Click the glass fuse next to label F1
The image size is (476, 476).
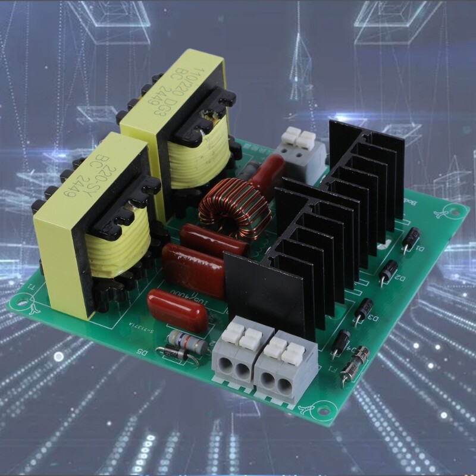(355, 364)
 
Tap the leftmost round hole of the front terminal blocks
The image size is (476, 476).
(224, 369)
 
